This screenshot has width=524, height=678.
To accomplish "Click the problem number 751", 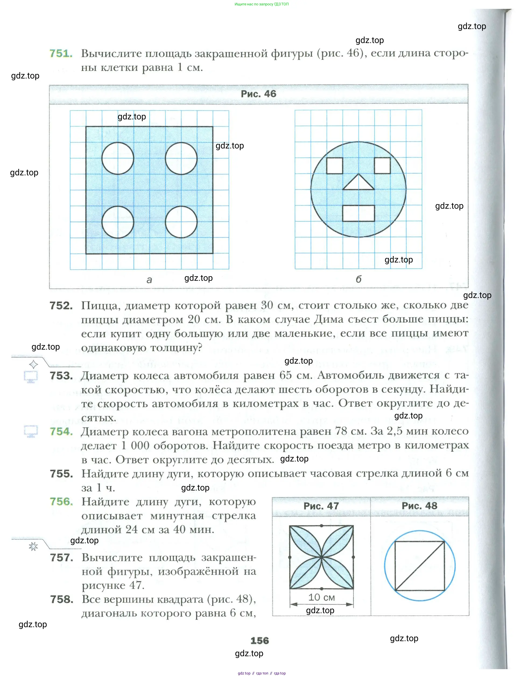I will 61,54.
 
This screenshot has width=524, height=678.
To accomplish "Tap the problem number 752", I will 61,306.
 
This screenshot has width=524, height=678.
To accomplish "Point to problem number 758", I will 62,599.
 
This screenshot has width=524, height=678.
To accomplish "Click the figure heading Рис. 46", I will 258,94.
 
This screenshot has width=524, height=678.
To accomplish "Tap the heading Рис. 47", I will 321,506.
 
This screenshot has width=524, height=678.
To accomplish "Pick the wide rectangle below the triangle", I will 358,213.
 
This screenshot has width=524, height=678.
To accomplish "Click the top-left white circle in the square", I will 118,158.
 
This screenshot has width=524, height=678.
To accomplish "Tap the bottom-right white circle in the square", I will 181,222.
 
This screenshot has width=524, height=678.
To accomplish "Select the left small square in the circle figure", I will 335,166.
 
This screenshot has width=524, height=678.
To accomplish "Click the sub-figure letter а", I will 149,280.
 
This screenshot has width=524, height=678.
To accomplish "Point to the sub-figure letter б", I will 358,279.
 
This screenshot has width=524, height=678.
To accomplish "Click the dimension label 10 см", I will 322,597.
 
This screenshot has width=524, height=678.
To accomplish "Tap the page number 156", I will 260,640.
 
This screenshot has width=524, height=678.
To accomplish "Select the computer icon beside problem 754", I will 31,431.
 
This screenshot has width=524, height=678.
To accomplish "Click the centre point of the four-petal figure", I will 322,557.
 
